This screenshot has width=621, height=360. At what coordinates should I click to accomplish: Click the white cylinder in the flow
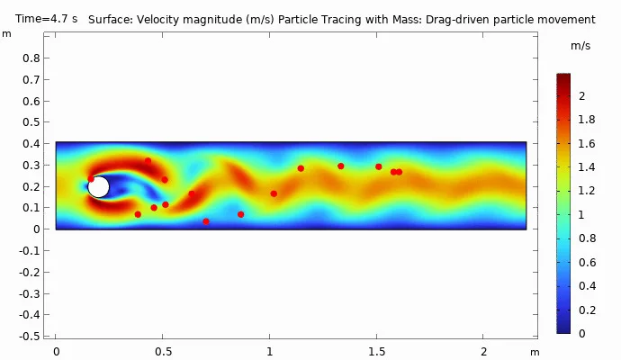pyautogui.click(x=99, y=187)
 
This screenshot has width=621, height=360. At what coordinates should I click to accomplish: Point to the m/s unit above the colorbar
pyautogui.click(x=580, y=45)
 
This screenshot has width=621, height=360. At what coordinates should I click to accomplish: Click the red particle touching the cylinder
pyautogui.click(x=91, y=178)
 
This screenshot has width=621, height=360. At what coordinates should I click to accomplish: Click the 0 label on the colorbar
pyautogui.click(x=580, y=333)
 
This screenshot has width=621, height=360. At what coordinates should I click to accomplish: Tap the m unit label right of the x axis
pyautogui.click(x=535, y=352)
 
